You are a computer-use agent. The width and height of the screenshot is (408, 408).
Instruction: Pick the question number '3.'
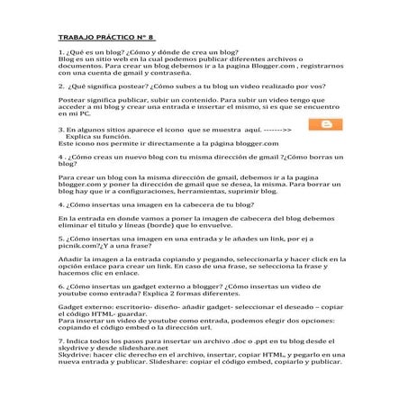point(59,130)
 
